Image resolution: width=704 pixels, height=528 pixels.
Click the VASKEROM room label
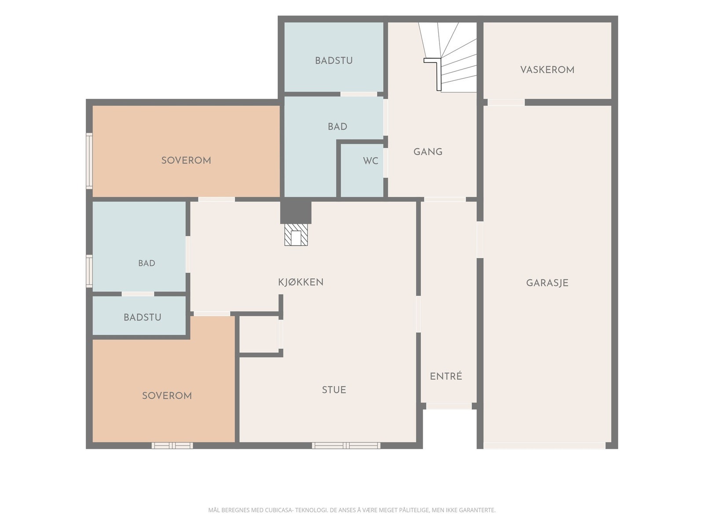click(547, 70)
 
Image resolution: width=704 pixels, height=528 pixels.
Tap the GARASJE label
click(547, 283)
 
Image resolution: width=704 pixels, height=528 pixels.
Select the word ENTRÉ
click(446, 376)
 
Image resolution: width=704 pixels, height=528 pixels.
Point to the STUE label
click(334, 390)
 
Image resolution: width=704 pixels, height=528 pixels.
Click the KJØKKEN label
click(301, 282)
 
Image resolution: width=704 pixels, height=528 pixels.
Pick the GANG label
click(428, 152)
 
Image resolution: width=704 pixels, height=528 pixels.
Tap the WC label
click(370, 161)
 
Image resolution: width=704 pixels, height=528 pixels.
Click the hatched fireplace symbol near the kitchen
click(296, 235)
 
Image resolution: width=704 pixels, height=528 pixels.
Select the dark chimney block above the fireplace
click(296, 212)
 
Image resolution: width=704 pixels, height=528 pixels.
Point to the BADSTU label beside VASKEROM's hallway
click(334, 61)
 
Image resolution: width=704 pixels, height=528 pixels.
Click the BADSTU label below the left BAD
click(143, 317)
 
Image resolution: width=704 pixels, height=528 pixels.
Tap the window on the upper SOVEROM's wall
click(89, 161)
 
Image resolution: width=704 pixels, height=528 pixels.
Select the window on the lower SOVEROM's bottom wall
click(172, 445)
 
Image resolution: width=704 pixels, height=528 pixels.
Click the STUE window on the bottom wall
click(346, 445)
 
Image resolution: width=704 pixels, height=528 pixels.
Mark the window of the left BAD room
click(89, 271)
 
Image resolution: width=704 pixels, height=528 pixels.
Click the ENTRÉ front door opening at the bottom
click(449, 406)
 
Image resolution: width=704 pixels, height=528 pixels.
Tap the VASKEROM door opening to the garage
click(506, 103)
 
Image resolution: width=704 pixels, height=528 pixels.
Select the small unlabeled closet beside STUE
click(259, 334)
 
